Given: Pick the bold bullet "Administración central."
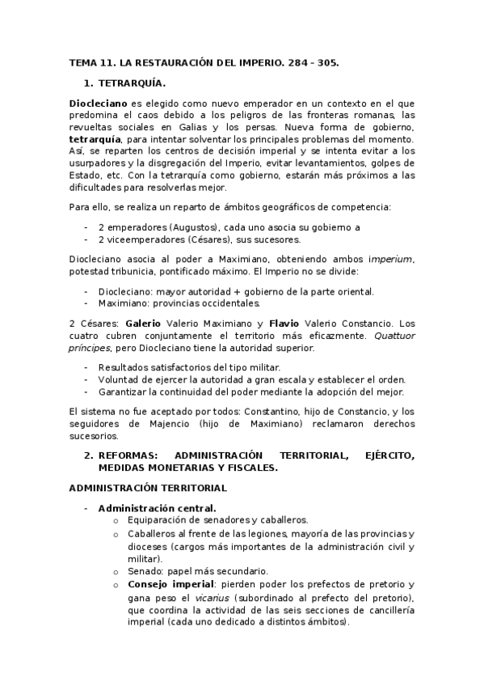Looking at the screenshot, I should pos(151,508).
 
